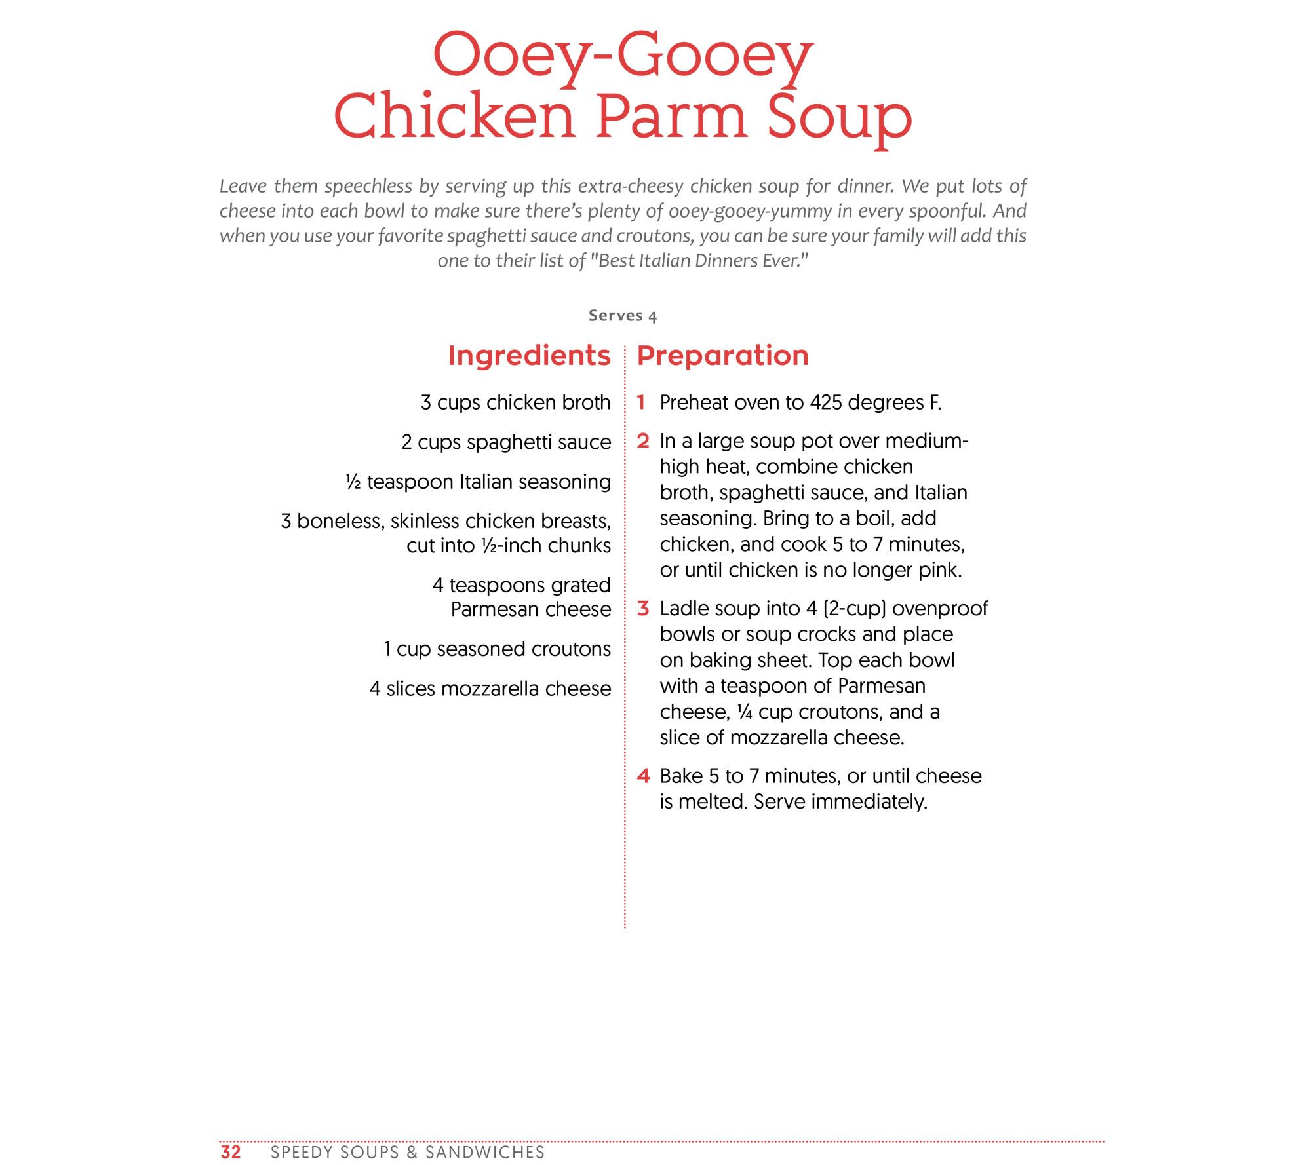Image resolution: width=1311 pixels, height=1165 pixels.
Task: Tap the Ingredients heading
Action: pyautogui.click(x=529, y=356)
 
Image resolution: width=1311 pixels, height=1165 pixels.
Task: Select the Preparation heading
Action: pyautogui.click(x=722, y=356)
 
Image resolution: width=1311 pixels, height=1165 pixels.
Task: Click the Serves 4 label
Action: pyautogui.click(x=623, y=316)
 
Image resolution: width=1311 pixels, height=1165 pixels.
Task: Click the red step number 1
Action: pyautogui.click(x=642, y=402)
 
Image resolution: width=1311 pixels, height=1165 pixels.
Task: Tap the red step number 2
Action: pyautogui.click(x=643, y=441)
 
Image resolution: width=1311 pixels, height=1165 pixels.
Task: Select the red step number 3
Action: pyautogui.click(x=643, y=609)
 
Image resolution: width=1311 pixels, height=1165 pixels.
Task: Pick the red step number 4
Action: pyautogui.click(x=643, y=776)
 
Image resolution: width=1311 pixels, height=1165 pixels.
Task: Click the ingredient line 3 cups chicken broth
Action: pyautogui.click(x=515, y=402)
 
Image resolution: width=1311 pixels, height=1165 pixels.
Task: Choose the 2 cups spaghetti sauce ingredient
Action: pyautogui.click(x=506, y=442)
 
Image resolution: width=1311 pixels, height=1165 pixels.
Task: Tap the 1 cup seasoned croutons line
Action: pyautogui.click(x=497, y=649)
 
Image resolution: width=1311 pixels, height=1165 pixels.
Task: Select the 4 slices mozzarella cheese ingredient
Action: pyautogui.click(x=490, y=689)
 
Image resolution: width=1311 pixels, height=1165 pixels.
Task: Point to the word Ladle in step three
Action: pyautogui.click(x=681, y=609)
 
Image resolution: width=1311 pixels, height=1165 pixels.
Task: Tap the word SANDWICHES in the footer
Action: pyautogui.click(x=484, y=1153)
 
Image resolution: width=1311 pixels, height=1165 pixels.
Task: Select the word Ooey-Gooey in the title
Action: pyautogui.click(x=623, y=56)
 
